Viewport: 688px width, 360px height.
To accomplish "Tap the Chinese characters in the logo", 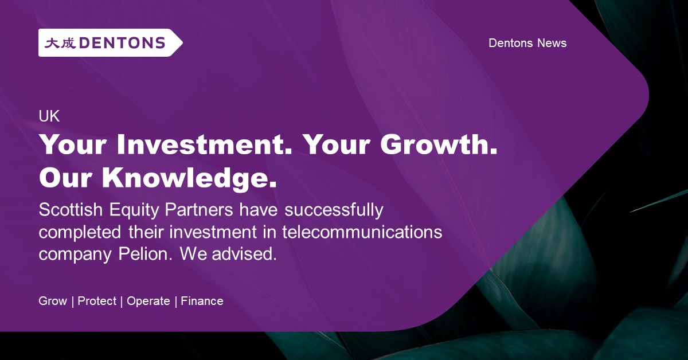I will [x=60, y=43].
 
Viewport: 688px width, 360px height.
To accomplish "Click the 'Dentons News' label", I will [x=527, y=43].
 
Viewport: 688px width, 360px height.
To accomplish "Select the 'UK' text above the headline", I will [x=49, y=116].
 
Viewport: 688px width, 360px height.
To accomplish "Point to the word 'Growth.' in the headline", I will [x=439, y=146].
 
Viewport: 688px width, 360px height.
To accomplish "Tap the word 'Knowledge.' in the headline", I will [x=190, y=178].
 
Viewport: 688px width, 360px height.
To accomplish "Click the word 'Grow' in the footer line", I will [x=53, y=301].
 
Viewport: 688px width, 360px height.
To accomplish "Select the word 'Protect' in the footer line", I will [x=97, y=301].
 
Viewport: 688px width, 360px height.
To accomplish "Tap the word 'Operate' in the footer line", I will [x=148, y=302].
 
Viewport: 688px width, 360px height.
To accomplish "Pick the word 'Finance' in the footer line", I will [x=202, y=301].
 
